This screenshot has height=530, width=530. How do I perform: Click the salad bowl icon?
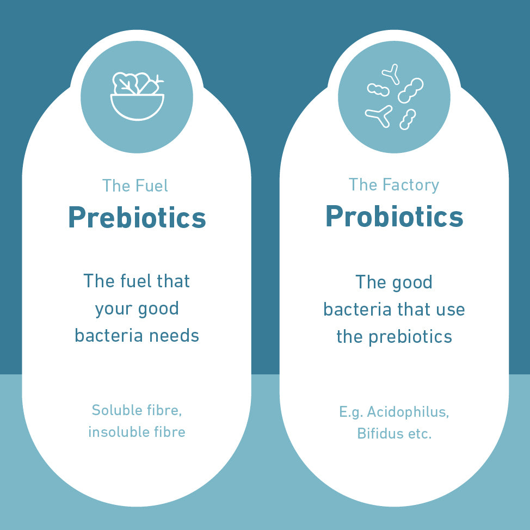tap(137, 96)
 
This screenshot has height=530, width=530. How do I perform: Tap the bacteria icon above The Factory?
tap(394, 97)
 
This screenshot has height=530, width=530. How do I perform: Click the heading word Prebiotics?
tap(137, 217)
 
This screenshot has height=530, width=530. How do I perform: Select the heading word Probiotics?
tap(394, 216)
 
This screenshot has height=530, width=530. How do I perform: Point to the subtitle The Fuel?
tap(135, 186)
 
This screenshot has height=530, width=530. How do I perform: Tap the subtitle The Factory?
tap(394, 184)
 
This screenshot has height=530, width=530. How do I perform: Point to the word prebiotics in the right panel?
tap(410, 336)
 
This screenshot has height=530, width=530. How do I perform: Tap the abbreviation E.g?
tap(351, 412)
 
